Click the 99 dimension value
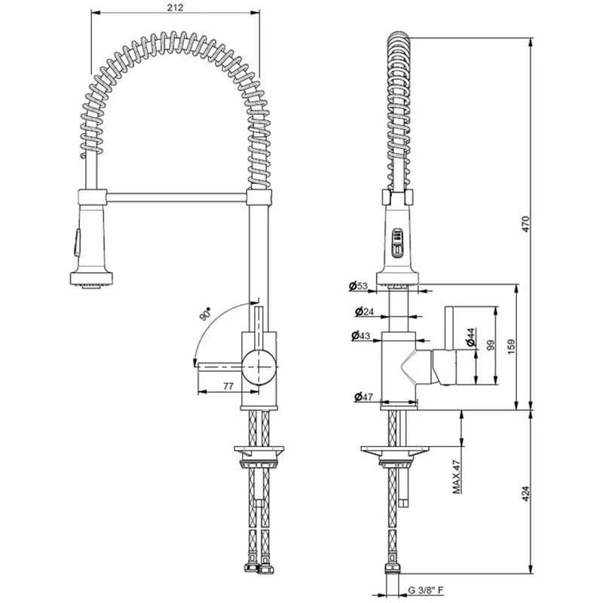coord(490,345)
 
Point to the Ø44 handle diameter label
coord(469,337)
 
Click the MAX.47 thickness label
coord(458,477)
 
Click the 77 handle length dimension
coord(228,385)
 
